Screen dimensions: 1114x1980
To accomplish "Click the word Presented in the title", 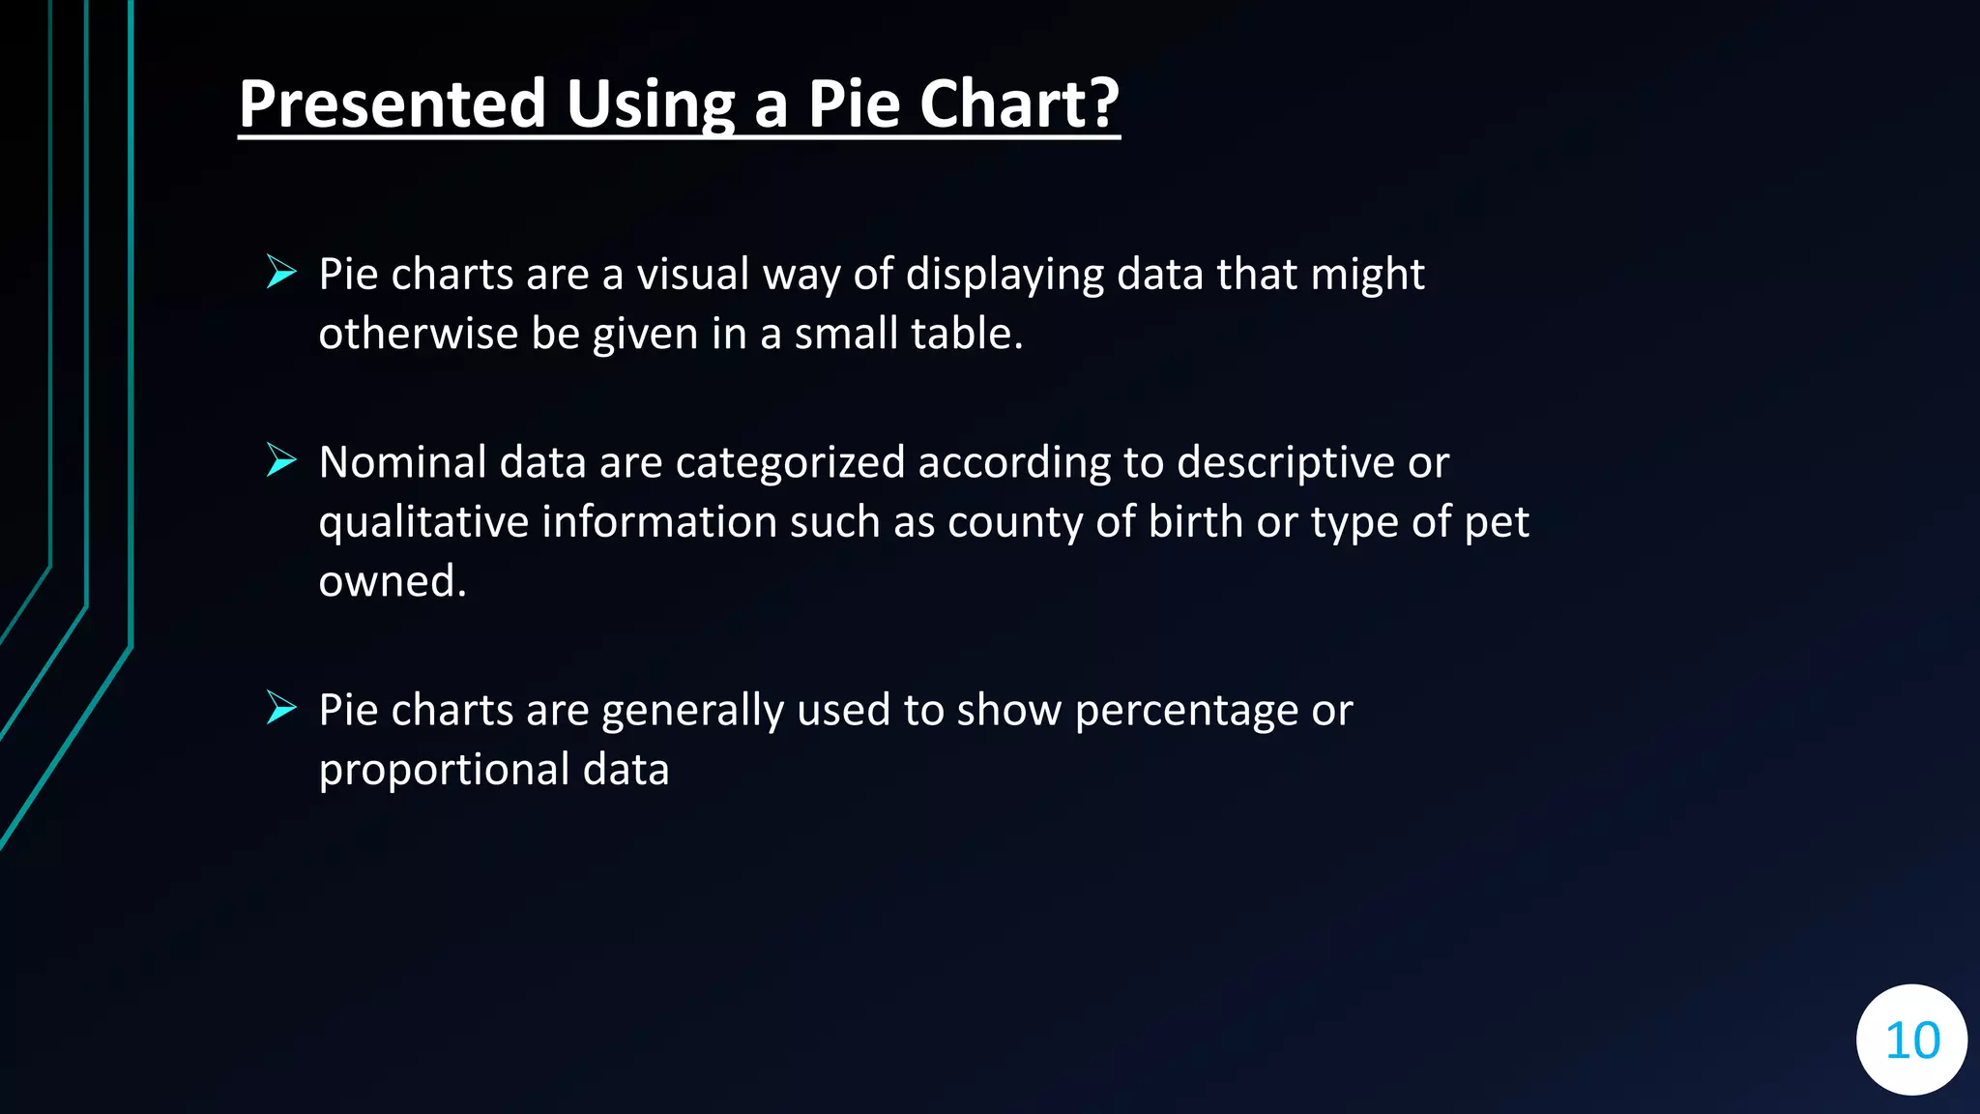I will click(393, 103).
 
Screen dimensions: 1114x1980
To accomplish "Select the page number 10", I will click(1912, 1041).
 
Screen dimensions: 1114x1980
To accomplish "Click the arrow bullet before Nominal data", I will click(281, 460).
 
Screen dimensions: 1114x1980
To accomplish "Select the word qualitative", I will click(423, 522).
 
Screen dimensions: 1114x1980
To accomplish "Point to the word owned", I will click(392, 581).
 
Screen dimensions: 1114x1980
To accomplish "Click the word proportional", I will click(444, 770).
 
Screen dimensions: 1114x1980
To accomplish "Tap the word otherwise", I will click(418, 334).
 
